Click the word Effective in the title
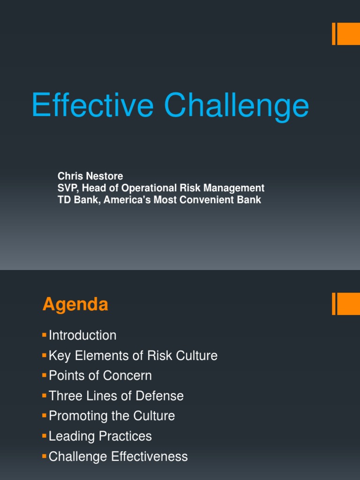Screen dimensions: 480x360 tap(92, 105)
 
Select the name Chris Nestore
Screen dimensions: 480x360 tap(90, 176)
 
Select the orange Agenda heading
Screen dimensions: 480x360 tap(75, 305)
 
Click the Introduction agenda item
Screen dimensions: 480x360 tap(82, 336)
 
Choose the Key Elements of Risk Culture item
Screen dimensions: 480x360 tap(133, 356)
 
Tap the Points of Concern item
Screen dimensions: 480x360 tap(100, 376)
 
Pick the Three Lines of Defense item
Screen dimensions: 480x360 tap(116, 396)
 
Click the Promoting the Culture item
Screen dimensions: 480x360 tap(112, 416)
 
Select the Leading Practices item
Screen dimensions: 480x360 tap(100, 436)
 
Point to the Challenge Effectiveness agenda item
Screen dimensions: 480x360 tap(118, 457)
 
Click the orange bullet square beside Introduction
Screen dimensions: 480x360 tap(45, 335)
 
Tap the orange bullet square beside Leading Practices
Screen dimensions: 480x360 tap(45, 435)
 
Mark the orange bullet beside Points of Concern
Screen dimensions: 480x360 tap(45, 375)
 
